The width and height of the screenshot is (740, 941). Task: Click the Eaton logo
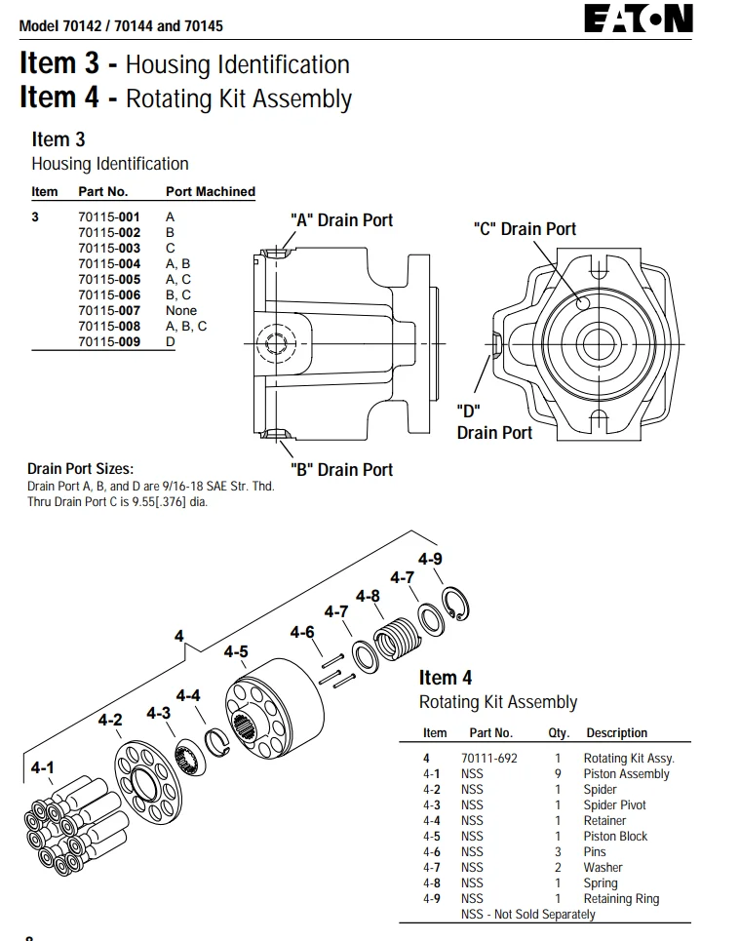(639, 19)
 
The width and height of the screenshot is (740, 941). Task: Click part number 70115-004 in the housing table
(109, 263)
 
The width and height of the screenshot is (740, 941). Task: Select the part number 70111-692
(488, 758)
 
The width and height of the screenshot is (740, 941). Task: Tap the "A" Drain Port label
(341, 220)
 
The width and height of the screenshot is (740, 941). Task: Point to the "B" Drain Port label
(341, 470)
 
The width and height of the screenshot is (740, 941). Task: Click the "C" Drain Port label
(525, 229)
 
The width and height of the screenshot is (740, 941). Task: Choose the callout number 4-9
(430, 559)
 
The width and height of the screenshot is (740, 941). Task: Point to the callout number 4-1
(42, 768)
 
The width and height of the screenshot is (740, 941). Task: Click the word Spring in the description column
(600, 882)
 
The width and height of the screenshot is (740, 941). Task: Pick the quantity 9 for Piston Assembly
(558, 773)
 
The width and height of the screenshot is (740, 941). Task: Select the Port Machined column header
(210, 192)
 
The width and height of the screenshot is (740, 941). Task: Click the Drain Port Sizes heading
(80, 470)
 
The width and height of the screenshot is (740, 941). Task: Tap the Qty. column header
(558, 733)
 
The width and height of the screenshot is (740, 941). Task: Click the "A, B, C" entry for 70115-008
(186, 326)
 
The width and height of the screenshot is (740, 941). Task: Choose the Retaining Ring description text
(621, 898)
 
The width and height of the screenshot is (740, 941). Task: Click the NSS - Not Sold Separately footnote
(527, 914)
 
